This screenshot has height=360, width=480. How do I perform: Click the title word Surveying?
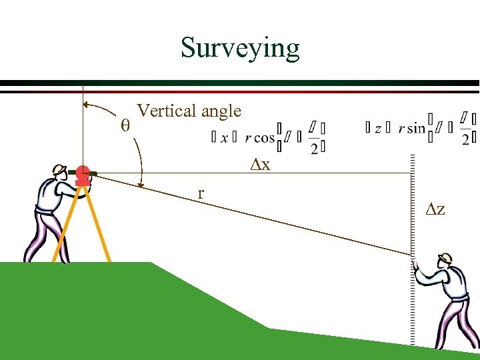(x=240, y=48)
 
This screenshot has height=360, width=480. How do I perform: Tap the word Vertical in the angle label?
(x=163, y=111)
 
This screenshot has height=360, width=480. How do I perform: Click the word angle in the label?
(x=219, y=112)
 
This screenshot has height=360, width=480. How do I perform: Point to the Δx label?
(x=260, y=164)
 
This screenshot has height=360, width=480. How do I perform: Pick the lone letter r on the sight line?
(x=200, y=193)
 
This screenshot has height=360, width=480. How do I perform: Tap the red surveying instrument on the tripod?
(x=83, y=176)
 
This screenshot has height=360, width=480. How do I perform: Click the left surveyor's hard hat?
(x=59, y=169)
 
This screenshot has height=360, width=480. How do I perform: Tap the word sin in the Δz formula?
(x=417, y=128)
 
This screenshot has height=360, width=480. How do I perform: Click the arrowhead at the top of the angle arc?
(x=87, y=104)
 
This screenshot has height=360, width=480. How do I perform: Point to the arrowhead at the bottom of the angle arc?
(x=141, y=183)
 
